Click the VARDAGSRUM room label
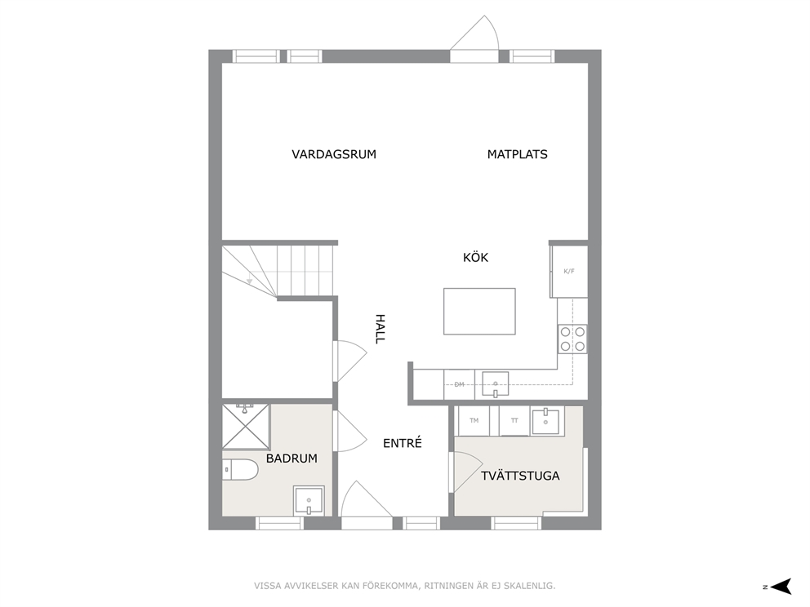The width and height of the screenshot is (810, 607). click(x=334, y=154)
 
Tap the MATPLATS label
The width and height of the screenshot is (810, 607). click(x=517, y=154)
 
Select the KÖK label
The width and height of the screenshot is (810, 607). click(x=475, y=257)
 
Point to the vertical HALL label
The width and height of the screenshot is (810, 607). click(x=380, y=329)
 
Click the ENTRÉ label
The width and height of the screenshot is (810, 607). click(x=403, y=443)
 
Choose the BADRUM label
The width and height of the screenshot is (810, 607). click(x=292, y=459)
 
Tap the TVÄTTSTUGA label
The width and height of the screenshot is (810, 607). click(x=520, y=476)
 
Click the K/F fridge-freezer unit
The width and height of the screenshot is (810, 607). click(x=569, y=272)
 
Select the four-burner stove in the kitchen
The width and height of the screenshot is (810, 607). click(x=572, y=339)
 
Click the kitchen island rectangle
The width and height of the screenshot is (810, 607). click(x=479, y=311)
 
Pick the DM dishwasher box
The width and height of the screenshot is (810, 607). click(x=459, y=384)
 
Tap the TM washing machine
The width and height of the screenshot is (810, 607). click(x=474, y=421)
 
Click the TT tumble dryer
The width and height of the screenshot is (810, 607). click(x=514, y=421)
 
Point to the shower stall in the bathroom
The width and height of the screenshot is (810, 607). click(x=246, y=427)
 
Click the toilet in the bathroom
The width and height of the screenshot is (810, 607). click(x=240, y=470)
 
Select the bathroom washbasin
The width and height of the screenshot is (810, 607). click(x=309, y=500)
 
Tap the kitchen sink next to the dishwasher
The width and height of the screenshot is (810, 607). click(x=495, y=384)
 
